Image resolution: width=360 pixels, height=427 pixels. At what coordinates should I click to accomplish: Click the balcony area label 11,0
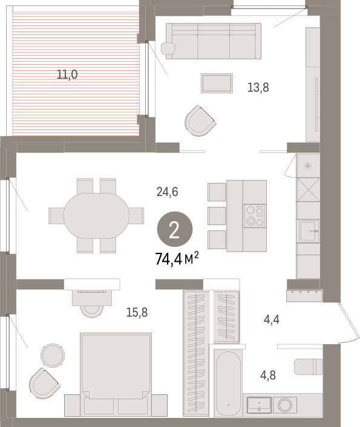67,74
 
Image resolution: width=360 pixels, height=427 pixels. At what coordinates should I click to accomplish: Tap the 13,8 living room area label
258,88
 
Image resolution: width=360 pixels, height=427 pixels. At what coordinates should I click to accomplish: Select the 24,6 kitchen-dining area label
168,192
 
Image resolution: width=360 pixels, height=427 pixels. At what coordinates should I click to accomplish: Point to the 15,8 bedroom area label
137,312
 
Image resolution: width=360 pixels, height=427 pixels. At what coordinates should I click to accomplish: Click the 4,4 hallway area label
272,319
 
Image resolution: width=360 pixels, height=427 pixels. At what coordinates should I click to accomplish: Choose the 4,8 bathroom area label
268,375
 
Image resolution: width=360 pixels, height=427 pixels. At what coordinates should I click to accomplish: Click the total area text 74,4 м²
177,259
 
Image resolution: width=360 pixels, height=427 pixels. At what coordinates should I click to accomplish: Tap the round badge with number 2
175,229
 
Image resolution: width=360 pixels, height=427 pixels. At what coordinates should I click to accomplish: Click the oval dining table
96,216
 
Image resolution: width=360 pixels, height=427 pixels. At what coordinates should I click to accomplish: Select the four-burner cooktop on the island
255,216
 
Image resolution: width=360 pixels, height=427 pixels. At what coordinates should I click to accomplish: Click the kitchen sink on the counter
309,231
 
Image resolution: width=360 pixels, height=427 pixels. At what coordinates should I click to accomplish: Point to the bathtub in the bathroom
228,383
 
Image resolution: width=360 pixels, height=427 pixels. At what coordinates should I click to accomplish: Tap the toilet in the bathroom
309,367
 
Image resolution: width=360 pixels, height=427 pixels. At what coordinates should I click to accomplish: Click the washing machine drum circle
285,405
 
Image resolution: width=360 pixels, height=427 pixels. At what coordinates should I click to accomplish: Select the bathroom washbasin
259,405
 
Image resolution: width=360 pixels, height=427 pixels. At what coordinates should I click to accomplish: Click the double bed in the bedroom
116,374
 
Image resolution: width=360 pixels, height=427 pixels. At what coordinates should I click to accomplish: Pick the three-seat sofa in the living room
214,41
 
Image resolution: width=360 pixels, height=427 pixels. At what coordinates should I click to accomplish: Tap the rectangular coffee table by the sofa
217,83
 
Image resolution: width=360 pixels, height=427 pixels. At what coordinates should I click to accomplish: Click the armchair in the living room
200,120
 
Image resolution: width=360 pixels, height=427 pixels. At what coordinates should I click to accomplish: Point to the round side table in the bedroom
53,356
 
